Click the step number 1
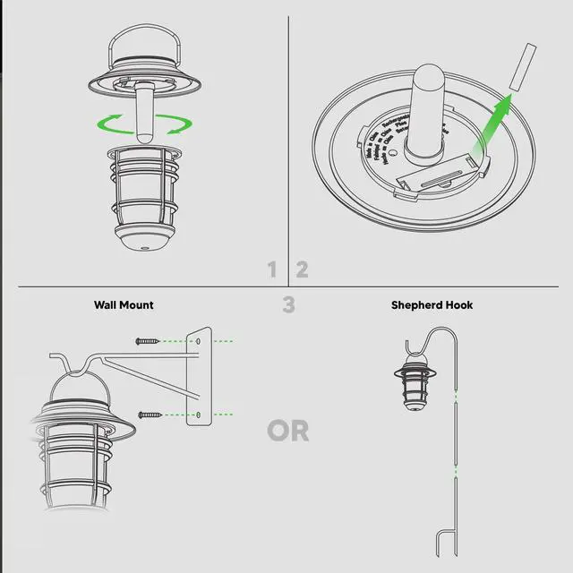(x=272, y=269)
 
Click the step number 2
(x=302, y=269)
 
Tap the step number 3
(x=288, y=305)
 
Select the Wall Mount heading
(x=124, y=305)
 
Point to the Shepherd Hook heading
(x=432, y=305)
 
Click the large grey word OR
(x=287, y=431)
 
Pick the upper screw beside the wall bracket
(x=149, y=341)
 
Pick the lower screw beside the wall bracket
(x=149, y=414)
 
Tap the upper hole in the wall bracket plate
(x=199, y=341)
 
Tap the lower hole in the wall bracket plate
(x=199, y=415)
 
